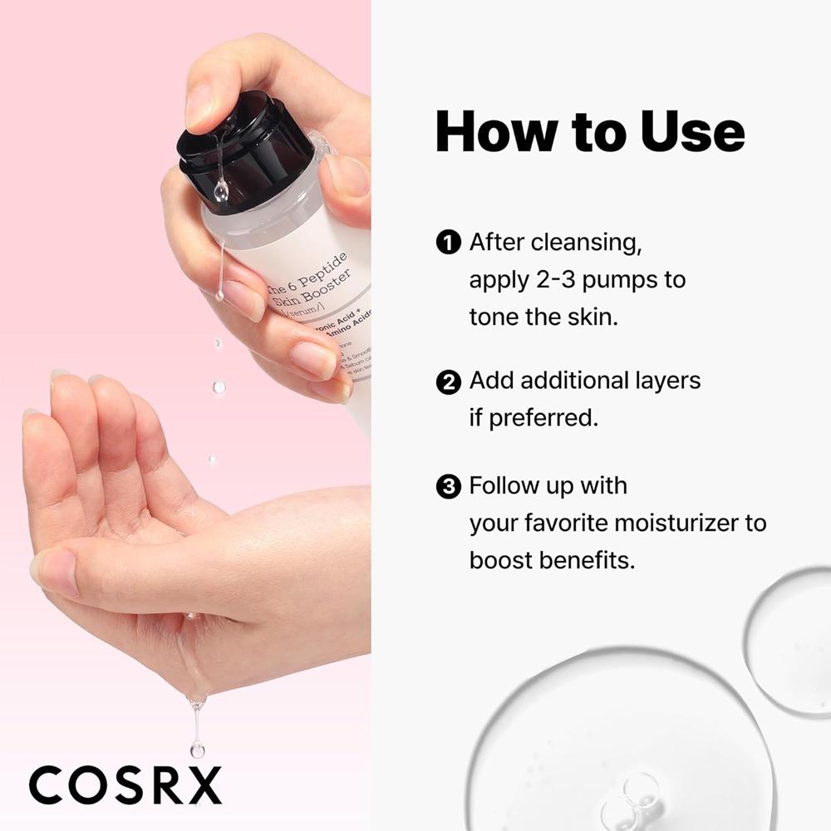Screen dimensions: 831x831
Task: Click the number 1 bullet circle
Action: (x=448, y=243)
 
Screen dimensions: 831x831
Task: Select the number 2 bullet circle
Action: (x=448, y=381)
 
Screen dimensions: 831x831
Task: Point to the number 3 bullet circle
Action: (x=448, y=486)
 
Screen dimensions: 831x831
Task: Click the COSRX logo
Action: (x=125, y=784)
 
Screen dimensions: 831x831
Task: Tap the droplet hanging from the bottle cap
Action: (x=220, y=192)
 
